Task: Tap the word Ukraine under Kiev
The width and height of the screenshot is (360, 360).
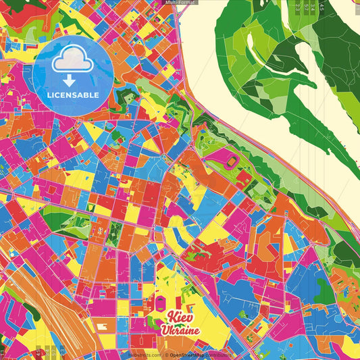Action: point(180,330)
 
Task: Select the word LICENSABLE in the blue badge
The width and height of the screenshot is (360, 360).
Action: point(73,95)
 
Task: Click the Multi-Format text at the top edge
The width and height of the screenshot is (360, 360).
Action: point(179,3)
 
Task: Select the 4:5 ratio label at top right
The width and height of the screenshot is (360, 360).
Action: point(322,7)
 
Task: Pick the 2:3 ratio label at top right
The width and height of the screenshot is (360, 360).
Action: point(299,7)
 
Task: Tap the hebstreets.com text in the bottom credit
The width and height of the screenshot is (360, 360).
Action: point(142,355)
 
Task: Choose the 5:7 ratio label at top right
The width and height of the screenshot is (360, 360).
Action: point(307,7)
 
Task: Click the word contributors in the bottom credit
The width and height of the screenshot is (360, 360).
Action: point(220,355)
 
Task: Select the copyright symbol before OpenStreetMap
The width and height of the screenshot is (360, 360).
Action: point(165,355)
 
